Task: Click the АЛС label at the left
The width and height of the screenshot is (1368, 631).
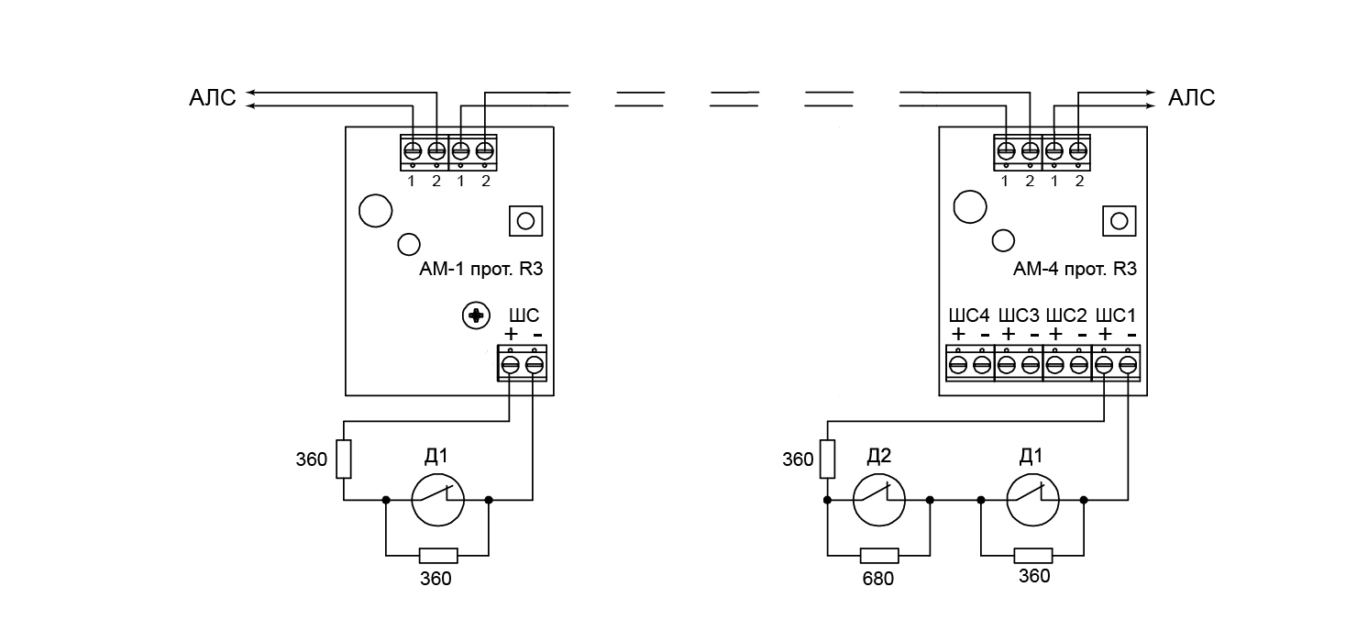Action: pos(212,99)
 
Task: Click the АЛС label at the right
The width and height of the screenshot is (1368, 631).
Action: pos(1191,99)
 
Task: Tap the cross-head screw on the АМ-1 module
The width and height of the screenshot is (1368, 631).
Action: pos(476,316)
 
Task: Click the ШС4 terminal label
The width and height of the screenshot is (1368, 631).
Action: pos(969,315)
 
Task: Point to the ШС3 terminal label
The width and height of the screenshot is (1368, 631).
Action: pos(1019,315)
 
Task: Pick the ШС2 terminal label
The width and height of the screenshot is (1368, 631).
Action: pos(1067,315)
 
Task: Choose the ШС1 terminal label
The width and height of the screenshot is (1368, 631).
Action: pos(1117,315)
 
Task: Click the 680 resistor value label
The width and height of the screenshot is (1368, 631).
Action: pos(877,579)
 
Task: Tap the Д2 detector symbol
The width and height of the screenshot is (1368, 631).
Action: pos(879,500)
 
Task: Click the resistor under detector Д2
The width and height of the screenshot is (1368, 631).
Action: pos(879,556)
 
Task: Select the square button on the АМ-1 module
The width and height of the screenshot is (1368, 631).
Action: pos(525,221)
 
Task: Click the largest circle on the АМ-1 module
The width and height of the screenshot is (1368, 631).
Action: pos(375,210)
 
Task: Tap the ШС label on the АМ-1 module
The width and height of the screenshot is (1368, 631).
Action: pos(524,315)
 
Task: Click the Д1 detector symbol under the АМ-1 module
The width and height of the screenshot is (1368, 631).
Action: pos(437,500)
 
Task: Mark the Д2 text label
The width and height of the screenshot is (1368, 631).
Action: pos(879,457)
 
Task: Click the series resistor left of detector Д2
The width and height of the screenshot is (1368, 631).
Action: pos(828,459)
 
